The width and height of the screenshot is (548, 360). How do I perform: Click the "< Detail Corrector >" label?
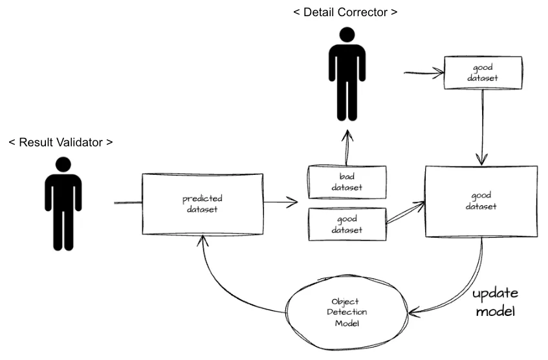point(350,12)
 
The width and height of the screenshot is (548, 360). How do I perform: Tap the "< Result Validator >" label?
point(60,142)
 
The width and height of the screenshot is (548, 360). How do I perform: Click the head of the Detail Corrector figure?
point(347,36)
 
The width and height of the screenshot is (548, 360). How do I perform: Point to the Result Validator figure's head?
point(63,166)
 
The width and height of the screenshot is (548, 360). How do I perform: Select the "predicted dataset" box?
point(203,204)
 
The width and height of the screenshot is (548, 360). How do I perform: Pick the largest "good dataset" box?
point(481,201)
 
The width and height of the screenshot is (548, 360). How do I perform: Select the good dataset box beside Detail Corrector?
point(482,73)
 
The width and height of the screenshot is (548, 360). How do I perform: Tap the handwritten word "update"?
point(495,294)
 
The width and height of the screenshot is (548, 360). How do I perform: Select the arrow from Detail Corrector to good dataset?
point(422,73)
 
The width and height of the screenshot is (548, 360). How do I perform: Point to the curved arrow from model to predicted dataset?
point(226,285)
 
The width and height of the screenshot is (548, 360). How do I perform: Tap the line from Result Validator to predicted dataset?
point(128,203)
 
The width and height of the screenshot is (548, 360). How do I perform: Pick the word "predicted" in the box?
point(203,199)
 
